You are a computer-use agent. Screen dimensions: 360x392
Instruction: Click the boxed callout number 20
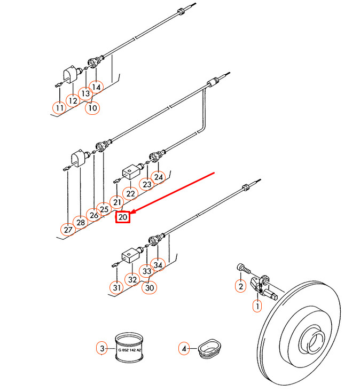pyautogui.click(x=123, y=217)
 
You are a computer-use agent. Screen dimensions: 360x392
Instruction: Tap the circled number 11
pyautogui.click(x=59, y=108)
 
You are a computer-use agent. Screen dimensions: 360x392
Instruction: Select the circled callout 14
pyautogui.click(x=96, y=87)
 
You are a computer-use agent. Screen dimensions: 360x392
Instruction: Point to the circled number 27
pyautogui.click(x=68, y=230)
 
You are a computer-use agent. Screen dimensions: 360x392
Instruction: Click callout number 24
pyautogui.click(x=158, y=177)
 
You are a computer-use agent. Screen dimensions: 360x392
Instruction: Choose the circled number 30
pyautogui.click(x=149, y=287)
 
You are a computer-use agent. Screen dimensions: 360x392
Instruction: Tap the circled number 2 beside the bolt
pyautogui.click(x=240, y=286)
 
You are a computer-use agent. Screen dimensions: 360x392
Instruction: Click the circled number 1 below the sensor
pyautogui.click(x=257, y=305)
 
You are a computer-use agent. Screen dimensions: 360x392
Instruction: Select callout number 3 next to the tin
pyautogui.click(x=102, y=348)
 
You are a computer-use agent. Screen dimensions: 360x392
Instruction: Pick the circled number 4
pyautogui.click(x=184, y=349)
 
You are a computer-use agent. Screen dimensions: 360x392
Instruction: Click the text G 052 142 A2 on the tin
pyautogui.click(x=130, y=350)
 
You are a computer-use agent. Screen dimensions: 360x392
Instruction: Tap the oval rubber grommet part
pyautogui.click(x=209, y=348)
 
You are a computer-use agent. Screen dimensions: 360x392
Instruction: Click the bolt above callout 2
pyautogui.click(x=244, y=269)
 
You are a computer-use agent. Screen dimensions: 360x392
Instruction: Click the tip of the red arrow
pyautogui.click(x=131, y=214)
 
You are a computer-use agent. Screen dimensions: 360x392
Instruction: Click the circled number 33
pyautogui.click(x=147, y=271)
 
